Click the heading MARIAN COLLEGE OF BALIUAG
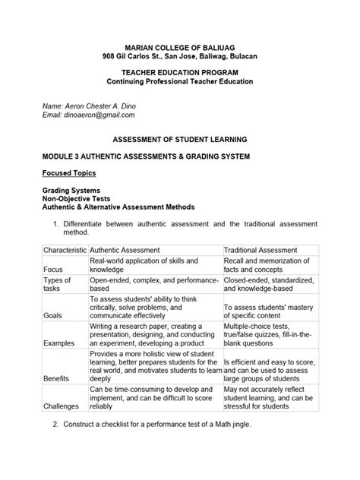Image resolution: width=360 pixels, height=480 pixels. click(180, 46)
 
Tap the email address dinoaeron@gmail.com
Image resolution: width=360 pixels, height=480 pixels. click(100, 115)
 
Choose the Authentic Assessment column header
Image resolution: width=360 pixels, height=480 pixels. click(124, 250)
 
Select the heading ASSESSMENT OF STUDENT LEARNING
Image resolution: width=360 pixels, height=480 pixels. click(180, 141)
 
